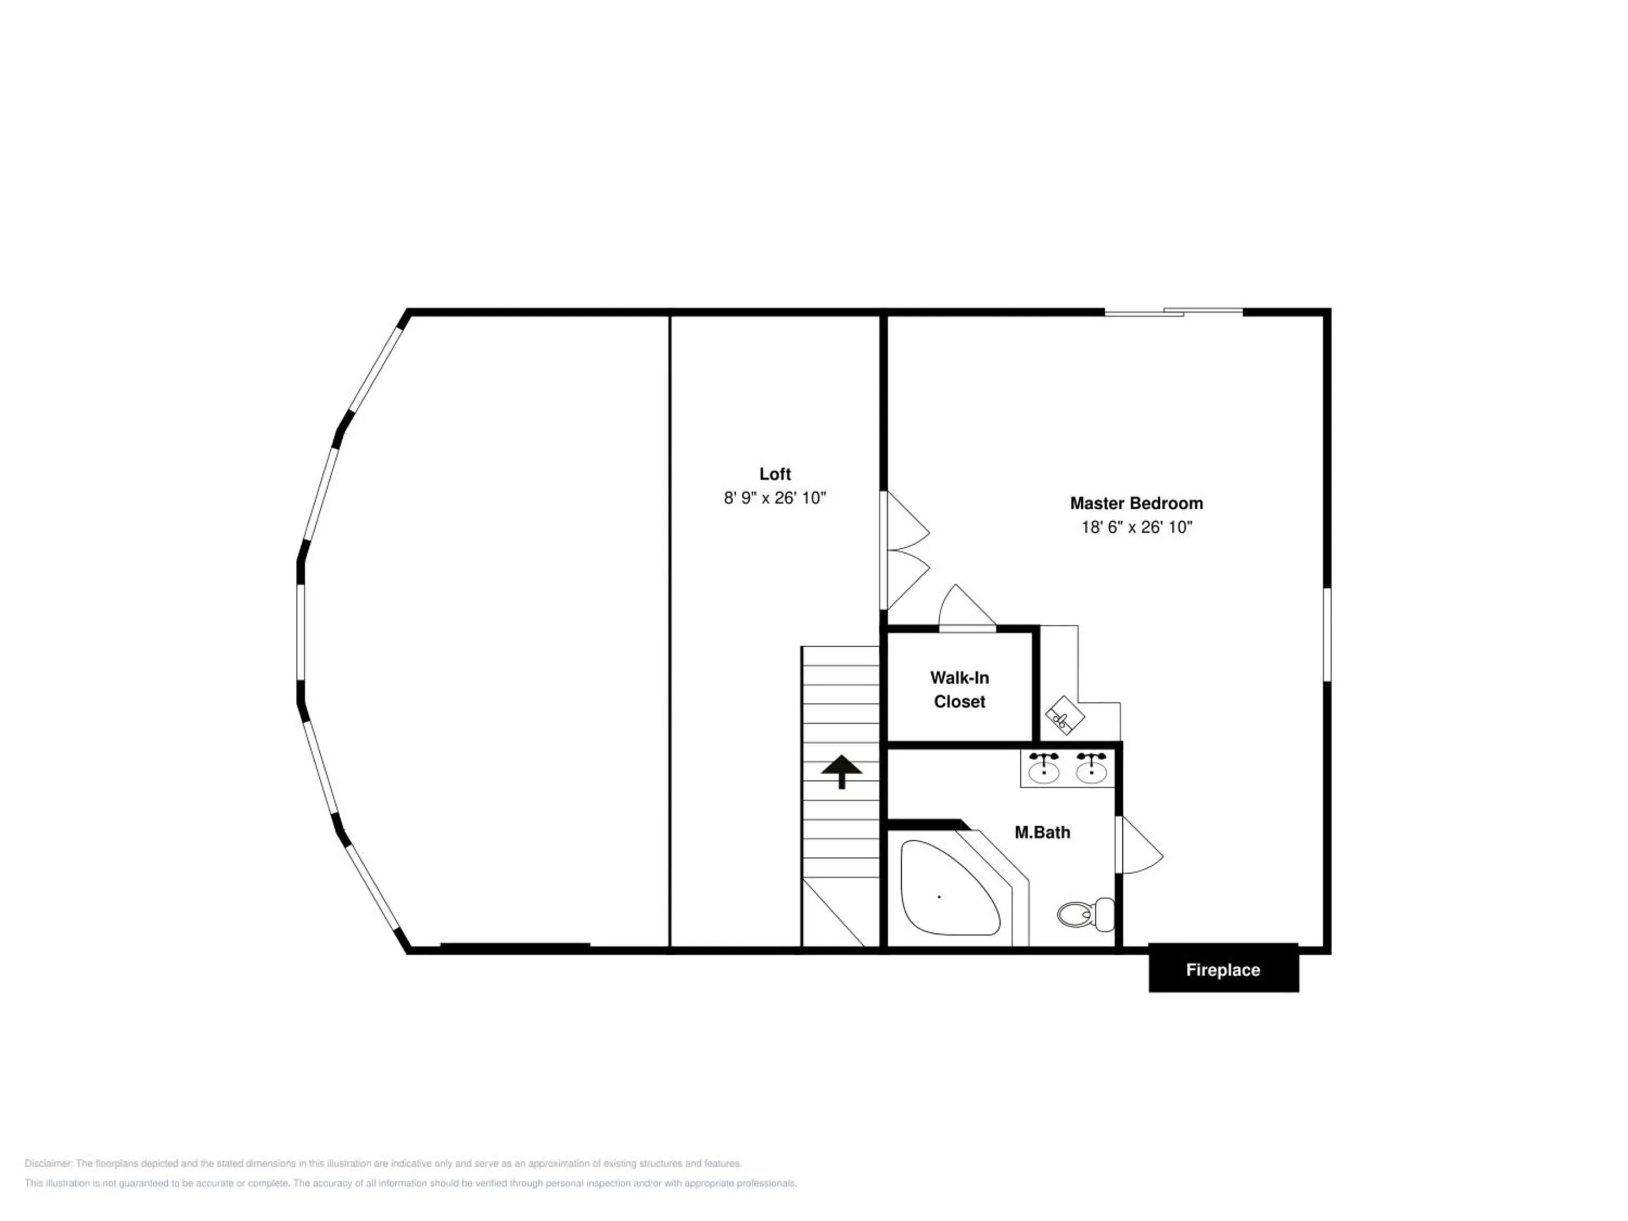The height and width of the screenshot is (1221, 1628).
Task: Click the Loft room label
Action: click(775, 474)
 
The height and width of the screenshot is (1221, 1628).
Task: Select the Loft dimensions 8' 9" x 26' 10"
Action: click(775, 498)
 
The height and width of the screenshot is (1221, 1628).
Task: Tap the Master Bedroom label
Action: click(1136, 504)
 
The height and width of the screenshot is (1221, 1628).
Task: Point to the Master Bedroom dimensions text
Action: click(1136, 527)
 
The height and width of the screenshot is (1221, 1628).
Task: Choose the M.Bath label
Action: click(1042, 832)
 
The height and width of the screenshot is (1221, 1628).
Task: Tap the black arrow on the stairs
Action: click(841, 771)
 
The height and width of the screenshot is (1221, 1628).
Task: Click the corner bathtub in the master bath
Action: click(950, 888)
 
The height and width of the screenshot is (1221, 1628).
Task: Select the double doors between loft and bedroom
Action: click(905, 550)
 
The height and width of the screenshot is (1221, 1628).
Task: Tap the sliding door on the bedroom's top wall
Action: click(1174, 312)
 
